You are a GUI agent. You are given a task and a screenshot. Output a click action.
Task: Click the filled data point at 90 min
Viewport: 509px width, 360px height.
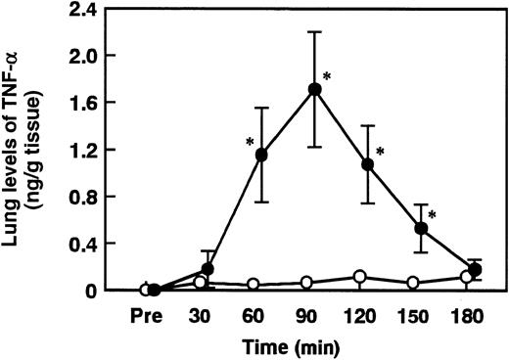(314, 89)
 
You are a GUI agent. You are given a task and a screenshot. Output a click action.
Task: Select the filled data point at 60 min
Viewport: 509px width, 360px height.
(260, 155)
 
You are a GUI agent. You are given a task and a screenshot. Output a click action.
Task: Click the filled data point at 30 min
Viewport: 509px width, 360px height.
(208, 268)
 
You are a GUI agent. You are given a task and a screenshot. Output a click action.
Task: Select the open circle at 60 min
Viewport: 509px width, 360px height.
(253, 285)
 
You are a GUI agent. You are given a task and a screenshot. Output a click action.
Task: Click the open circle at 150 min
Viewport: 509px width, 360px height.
(413, 283)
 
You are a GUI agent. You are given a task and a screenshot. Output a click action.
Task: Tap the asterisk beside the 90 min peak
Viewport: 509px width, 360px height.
(329, 78)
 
